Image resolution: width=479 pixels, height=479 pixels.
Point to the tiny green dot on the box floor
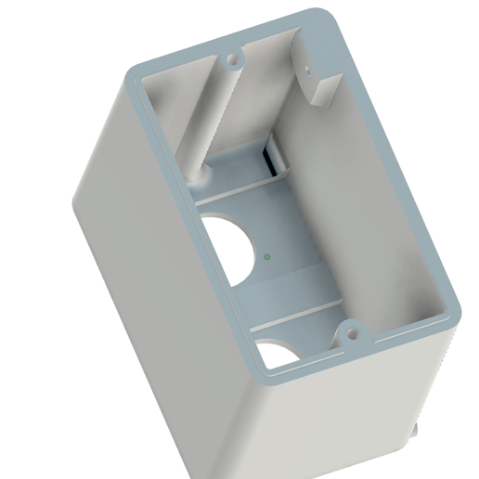pyautogui.click(x=266, y=252)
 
